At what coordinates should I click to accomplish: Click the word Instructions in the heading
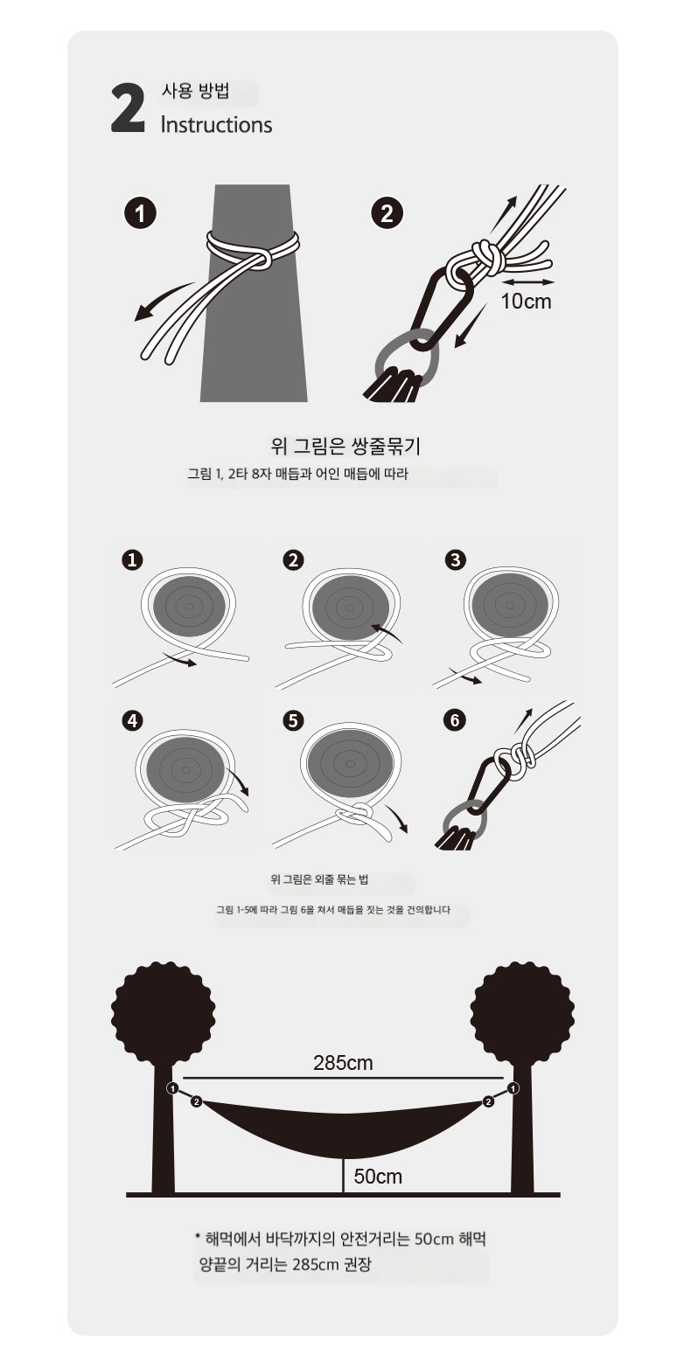click(216, 125)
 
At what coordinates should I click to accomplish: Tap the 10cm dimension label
click(526, 301)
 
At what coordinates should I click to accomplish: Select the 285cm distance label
click(343, 1063)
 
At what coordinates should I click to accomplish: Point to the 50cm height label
click(378, 1177)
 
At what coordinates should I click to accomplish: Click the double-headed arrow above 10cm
click(529, 282)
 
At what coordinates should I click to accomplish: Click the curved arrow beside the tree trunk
click(163, 301)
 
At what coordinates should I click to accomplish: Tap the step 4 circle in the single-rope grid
click(133, 720)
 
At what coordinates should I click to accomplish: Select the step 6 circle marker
click(454, 720)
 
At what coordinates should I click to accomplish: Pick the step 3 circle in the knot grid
click(456, 559)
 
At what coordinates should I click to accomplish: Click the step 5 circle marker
click(294, 720)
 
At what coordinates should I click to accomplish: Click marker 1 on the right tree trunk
click(513, 1088)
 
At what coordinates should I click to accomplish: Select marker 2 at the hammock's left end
click(196, 1101)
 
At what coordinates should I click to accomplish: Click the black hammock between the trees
click(342, 1130)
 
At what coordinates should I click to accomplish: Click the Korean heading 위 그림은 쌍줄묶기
click(345, 447)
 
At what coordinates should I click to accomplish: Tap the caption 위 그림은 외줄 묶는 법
click(319, 879)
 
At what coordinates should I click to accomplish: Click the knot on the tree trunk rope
click(260, 259)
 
